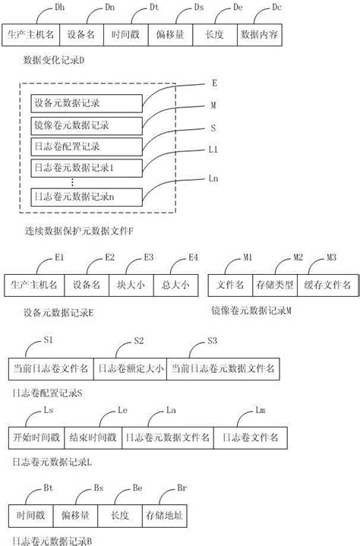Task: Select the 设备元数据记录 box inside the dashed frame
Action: click(87, 103)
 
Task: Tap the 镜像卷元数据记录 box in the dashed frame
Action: click(87, 125)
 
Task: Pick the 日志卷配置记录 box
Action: click(87, 146)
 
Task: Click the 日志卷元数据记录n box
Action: click(87, 197)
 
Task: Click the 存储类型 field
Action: click(274, 285)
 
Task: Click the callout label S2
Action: click(138, 339)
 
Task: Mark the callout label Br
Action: click(181, 487)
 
